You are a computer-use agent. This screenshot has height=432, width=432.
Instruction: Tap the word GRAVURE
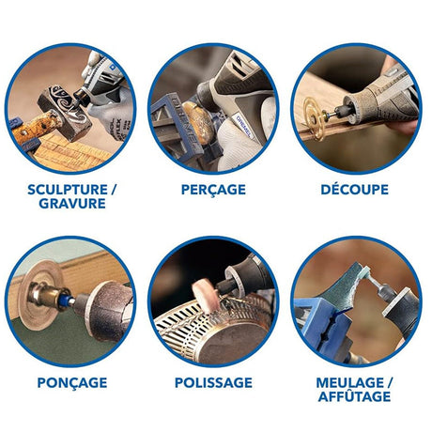coord(69,205)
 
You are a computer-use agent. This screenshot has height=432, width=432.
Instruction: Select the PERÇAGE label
coord(213,189)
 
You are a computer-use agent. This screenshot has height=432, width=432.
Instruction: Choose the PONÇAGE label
coord(71,382)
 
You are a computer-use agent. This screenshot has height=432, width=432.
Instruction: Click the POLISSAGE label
coord(213,382)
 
